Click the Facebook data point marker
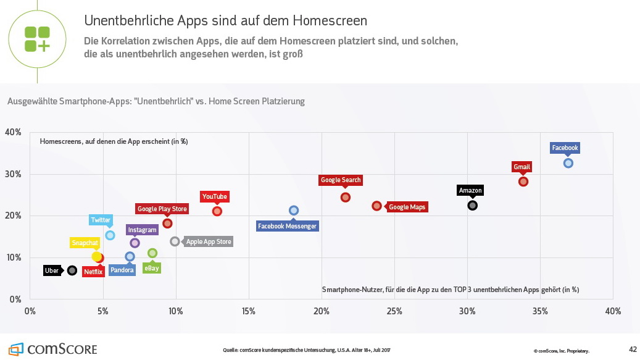pos(568,163)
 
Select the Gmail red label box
pos(522,167)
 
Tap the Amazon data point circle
pos(473,205)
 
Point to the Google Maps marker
pos(377,206)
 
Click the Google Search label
pos(341,180)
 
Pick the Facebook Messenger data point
pos(294,211)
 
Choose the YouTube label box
pos(215,197)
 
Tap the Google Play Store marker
pos(167,223)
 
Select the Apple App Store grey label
pos(209,241)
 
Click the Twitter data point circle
pos(110,235)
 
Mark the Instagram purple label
pos(142,230)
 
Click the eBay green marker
pos(152,253)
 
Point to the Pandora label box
pos(122,270)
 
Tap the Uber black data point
pos(72,270)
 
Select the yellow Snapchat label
pos(85,243)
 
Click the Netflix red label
pos(93,271)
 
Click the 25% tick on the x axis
pos(394,311)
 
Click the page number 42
pos(632,350)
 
